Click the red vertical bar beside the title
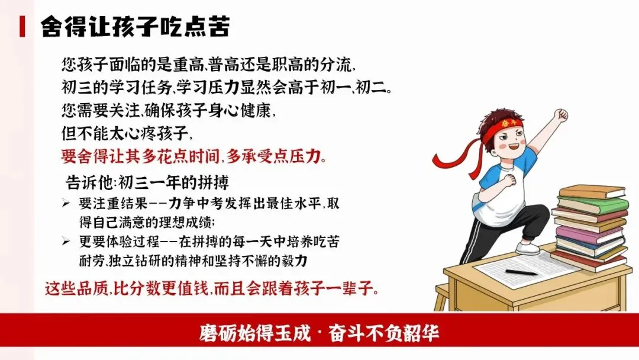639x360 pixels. coord(22,27)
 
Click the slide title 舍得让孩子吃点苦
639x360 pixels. coord(135,27)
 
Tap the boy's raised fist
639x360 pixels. coord(559,115)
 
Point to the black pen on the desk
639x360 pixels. coord(521,272)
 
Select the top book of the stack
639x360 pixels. coord(592,192)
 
